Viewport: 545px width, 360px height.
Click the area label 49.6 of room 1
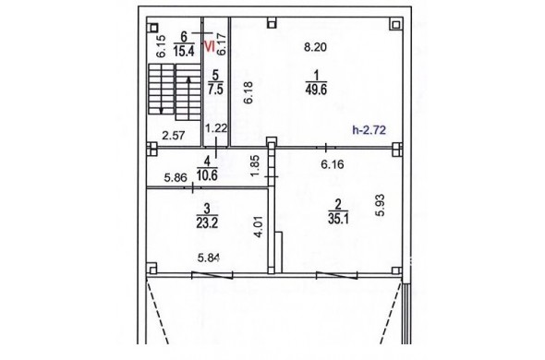click(x=316, y=90)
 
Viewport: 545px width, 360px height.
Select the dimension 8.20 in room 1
click(x=315, y=47)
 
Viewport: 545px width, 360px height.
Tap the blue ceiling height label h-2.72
click(x=369, y=130)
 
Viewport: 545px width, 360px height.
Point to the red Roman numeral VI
click(x=210, y=46)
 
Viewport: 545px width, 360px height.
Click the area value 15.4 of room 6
click(x=184, y=52)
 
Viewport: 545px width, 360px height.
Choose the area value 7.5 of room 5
click(x=215, y=89)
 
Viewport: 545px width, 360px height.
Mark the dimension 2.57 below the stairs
click(x=174, y=135)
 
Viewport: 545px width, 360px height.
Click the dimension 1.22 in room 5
click(x=216, y=128)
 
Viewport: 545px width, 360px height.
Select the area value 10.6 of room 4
click(x=207, y=175)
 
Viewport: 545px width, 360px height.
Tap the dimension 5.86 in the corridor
click(x=176, y=178)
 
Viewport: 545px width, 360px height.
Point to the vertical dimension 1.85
click(x=255, y=165)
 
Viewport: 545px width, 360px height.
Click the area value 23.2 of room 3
click(x=207, y=222)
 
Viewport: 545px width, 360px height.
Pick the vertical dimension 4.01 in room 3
click(x=259, y=226)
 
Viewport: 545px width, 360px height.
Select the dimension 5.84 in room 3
click(x=209, y=258)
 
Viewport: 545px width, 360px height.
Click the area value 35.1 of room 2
click(x=338, y=219)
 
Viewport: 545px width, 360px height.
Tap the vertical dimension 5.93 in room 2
click(x=381, y=205)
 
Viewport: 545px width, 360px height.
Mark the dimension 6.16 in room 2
click(x=333, y=164)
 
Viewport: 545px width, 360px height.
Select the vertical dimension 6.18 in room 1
click(x=248, y=92)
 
